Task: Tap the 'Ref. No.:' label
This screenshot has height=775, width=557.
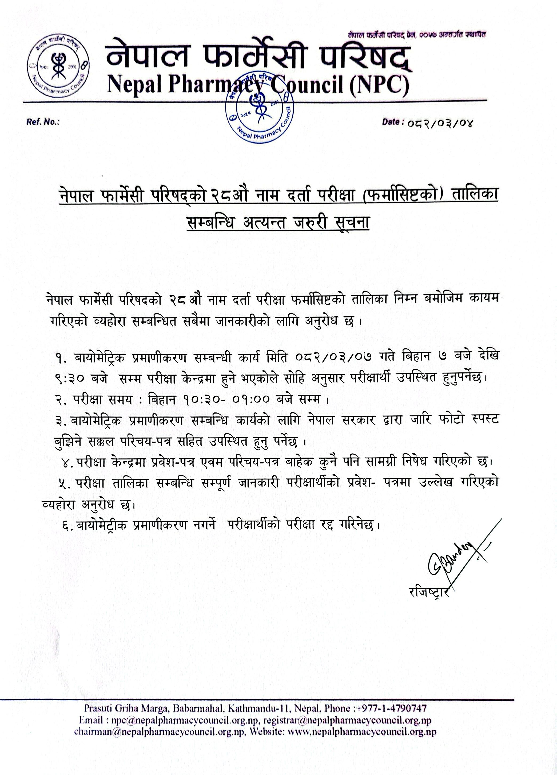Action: tap(43, 122)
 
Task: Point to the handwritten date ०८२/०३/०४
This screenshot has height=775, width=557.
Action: tap(439, 123)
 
